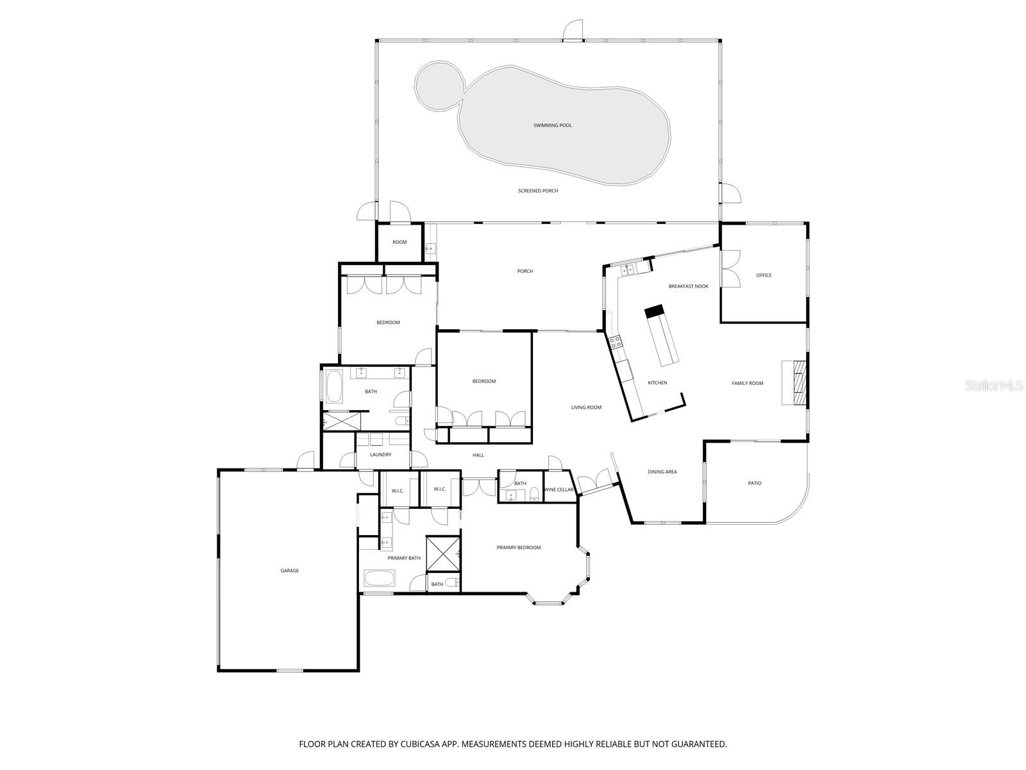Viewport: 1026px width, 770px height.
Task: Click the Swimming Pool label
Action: tap(552, 125)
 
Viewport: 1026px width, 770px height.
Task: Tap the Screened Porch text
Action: tap(538, 191)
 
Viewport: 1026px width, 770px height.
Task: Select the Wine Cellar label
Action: tap(559, 490)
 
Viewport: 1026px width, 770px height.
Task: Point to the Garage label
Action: tap(289, 570)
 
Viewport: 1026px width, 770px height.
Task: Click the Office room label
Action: tap(764, 275)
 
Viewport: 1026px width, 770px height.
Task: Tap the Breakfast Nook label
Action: tap(688, 286)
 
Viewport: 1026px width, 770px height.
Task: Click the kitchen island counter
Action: tap(662, 336)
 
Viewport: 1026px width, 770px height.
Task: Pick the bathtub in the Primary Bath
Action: tap(381, 578)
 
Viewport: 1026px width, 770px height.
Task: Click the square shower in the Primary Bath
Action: tap(442, 553)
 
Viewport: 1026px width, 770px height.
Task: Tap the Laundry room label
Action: tap(380, 455)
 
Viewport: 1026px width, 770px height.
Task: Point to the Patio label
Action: tap(755, 483)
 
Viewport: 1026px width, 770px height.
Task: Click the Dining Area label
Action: tap(662, 472)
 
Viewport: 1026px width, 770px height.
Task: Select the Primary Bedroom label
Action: tap(518, 547)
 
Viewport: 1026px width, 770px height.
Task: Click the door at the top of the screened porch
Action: tap(573, 30)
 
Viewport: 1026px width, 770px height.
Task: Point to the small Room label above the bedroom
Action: tap(399, 242)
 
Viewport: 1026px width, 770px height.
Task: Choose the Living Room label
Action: tap(586, 407)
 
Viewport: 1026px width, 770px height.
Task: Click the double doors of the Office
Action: tap(730, 268)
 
